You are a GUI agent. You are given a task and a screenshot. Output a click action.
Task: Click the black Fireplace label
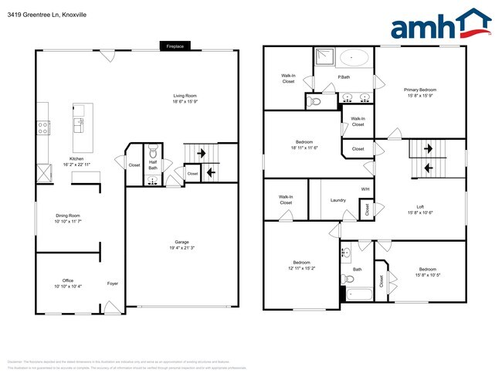[x=175, y=46]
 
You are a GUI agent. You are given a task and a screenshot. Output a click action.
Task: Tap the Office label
[x=67, y=283]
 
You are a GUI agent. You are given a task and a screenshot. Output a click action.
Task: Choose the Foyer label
[x=113, y=283]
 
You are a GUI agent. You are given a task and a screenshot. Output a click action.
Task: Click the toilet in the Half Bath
[x=153, y=151]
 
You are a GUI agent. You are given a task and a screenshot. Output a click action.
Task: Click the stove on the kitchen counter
[x=42, y=125]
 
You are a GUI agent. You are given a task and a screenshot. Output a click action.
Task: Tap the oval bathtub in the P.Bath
[x=355, y=58]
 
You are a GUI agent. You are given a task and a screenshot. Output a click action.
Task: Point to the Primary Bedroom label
[x=422, y=93]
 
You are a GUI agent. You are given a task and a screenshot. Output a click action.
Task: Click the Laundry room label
[x=338, y=200]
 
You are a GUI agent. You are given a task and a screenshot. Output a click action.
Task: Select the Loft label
[x=419, y=209]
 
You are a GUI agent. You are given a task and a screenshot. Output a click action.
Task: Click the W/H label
[x=365, y=189]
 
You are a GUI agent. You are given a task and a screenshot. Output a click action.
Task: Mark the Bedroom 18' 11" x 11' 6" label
[x=304, y=145]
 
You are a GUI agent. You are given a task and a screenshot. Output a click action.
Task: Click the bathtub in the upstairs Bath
[x=359, y=294]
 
